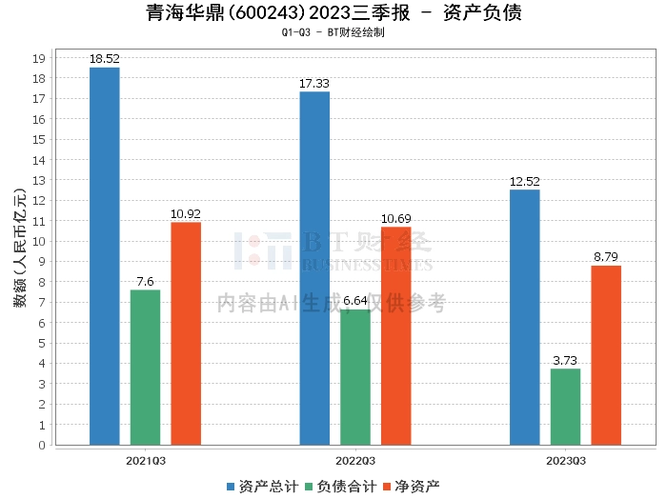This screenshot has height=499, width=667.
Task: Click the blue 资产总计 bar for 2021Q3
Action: tap(105, 256)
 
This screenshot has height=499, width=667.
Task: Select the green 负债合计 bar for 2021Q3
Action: tap(145, 368)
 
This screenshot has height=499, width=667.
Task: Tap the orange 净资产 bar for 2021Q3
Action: tap(186, 333)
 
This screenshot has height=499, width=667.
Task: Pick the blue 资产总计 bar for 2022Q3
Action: tap(314, 269)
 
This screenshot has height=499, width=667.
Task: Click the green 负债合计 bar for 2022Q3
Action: tap(355, 377)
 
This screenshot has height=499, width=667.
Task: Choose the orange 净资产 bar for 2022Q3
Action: tap(396, 336)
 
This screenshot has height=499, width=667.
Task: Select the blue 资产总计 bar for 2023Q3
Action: tap(525, 317)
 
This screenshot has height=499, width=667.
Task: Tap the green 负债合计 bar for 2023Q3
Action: tap(565, 407)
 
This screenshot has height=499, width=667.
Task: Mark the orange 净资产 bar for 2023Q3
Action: tap(606, 355)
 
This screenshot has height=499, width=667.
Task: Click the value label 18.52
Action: tap(105, 59)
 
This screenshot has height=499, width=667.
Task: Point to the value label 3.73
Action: tap(565, 360)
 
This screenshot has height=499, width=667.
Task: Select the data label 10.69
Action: tap(396, 218)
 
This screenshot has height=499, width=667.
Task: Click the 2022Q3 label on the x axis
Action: tap(355, 461)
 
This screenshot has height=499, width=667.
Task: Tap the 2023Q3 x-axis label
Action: tap(566, 461)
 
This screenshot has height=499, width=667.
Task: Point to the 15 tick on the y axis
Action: tap(39, 139)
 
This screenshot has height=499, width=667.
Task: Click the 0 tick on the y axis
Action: tap(42, 445)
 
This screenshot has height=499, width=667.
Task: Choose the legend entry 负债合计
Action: tap(341, 487)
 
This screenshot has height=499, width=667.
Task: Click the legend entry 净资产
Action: tap(412, 487)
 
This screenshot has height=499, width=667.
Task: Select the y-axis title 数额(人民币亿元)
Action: tap(20, 248)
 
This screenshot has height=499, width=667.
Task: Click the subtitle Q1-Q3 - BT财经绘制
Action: tap(333, 32)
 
